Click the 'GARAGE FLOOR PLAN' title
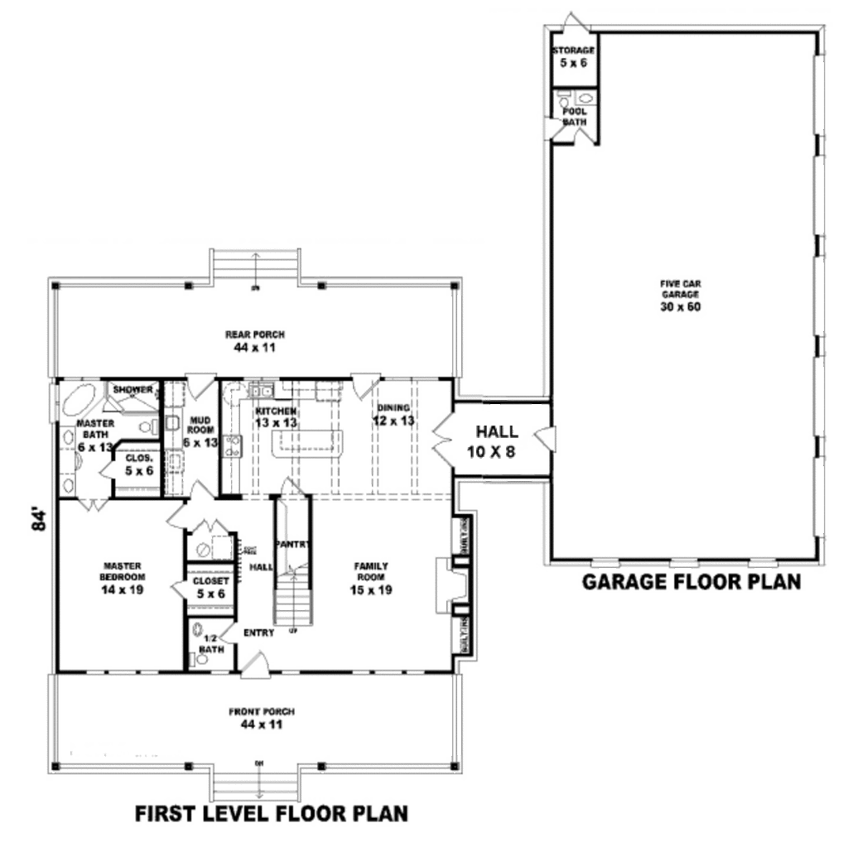click(691, 582)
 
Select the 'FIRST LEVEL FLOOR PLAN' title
click(272, 814)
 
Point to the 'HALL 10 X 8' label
click(497, 440)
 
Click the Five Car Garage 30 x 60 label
click(680, 295)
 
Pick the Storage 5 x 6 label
click(573, 56)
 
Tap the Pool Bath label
click(574, 115)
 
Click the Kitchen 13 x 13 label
click(277, 416)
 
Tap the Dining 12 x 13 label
click(393, 414)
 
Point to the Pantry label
click(293, 545)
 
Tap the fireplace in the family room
click(444, 585)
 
